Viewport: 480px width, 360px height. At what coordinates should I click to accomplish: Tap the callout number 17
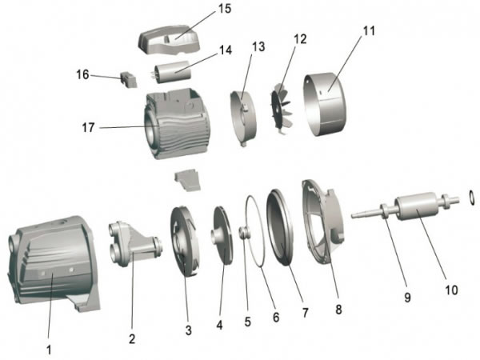point(89,127)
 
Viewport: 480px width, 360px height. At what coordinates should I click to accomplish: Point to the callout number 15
point(224,10)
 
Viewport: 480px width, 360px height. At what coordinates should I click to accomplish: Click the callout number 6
point(276,317)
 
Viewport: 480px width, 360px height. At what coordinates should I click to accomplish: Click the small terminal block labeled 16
point(126,80)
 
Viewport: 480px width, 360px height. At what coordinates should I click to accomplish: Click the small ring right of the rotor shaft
point(471,195)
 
